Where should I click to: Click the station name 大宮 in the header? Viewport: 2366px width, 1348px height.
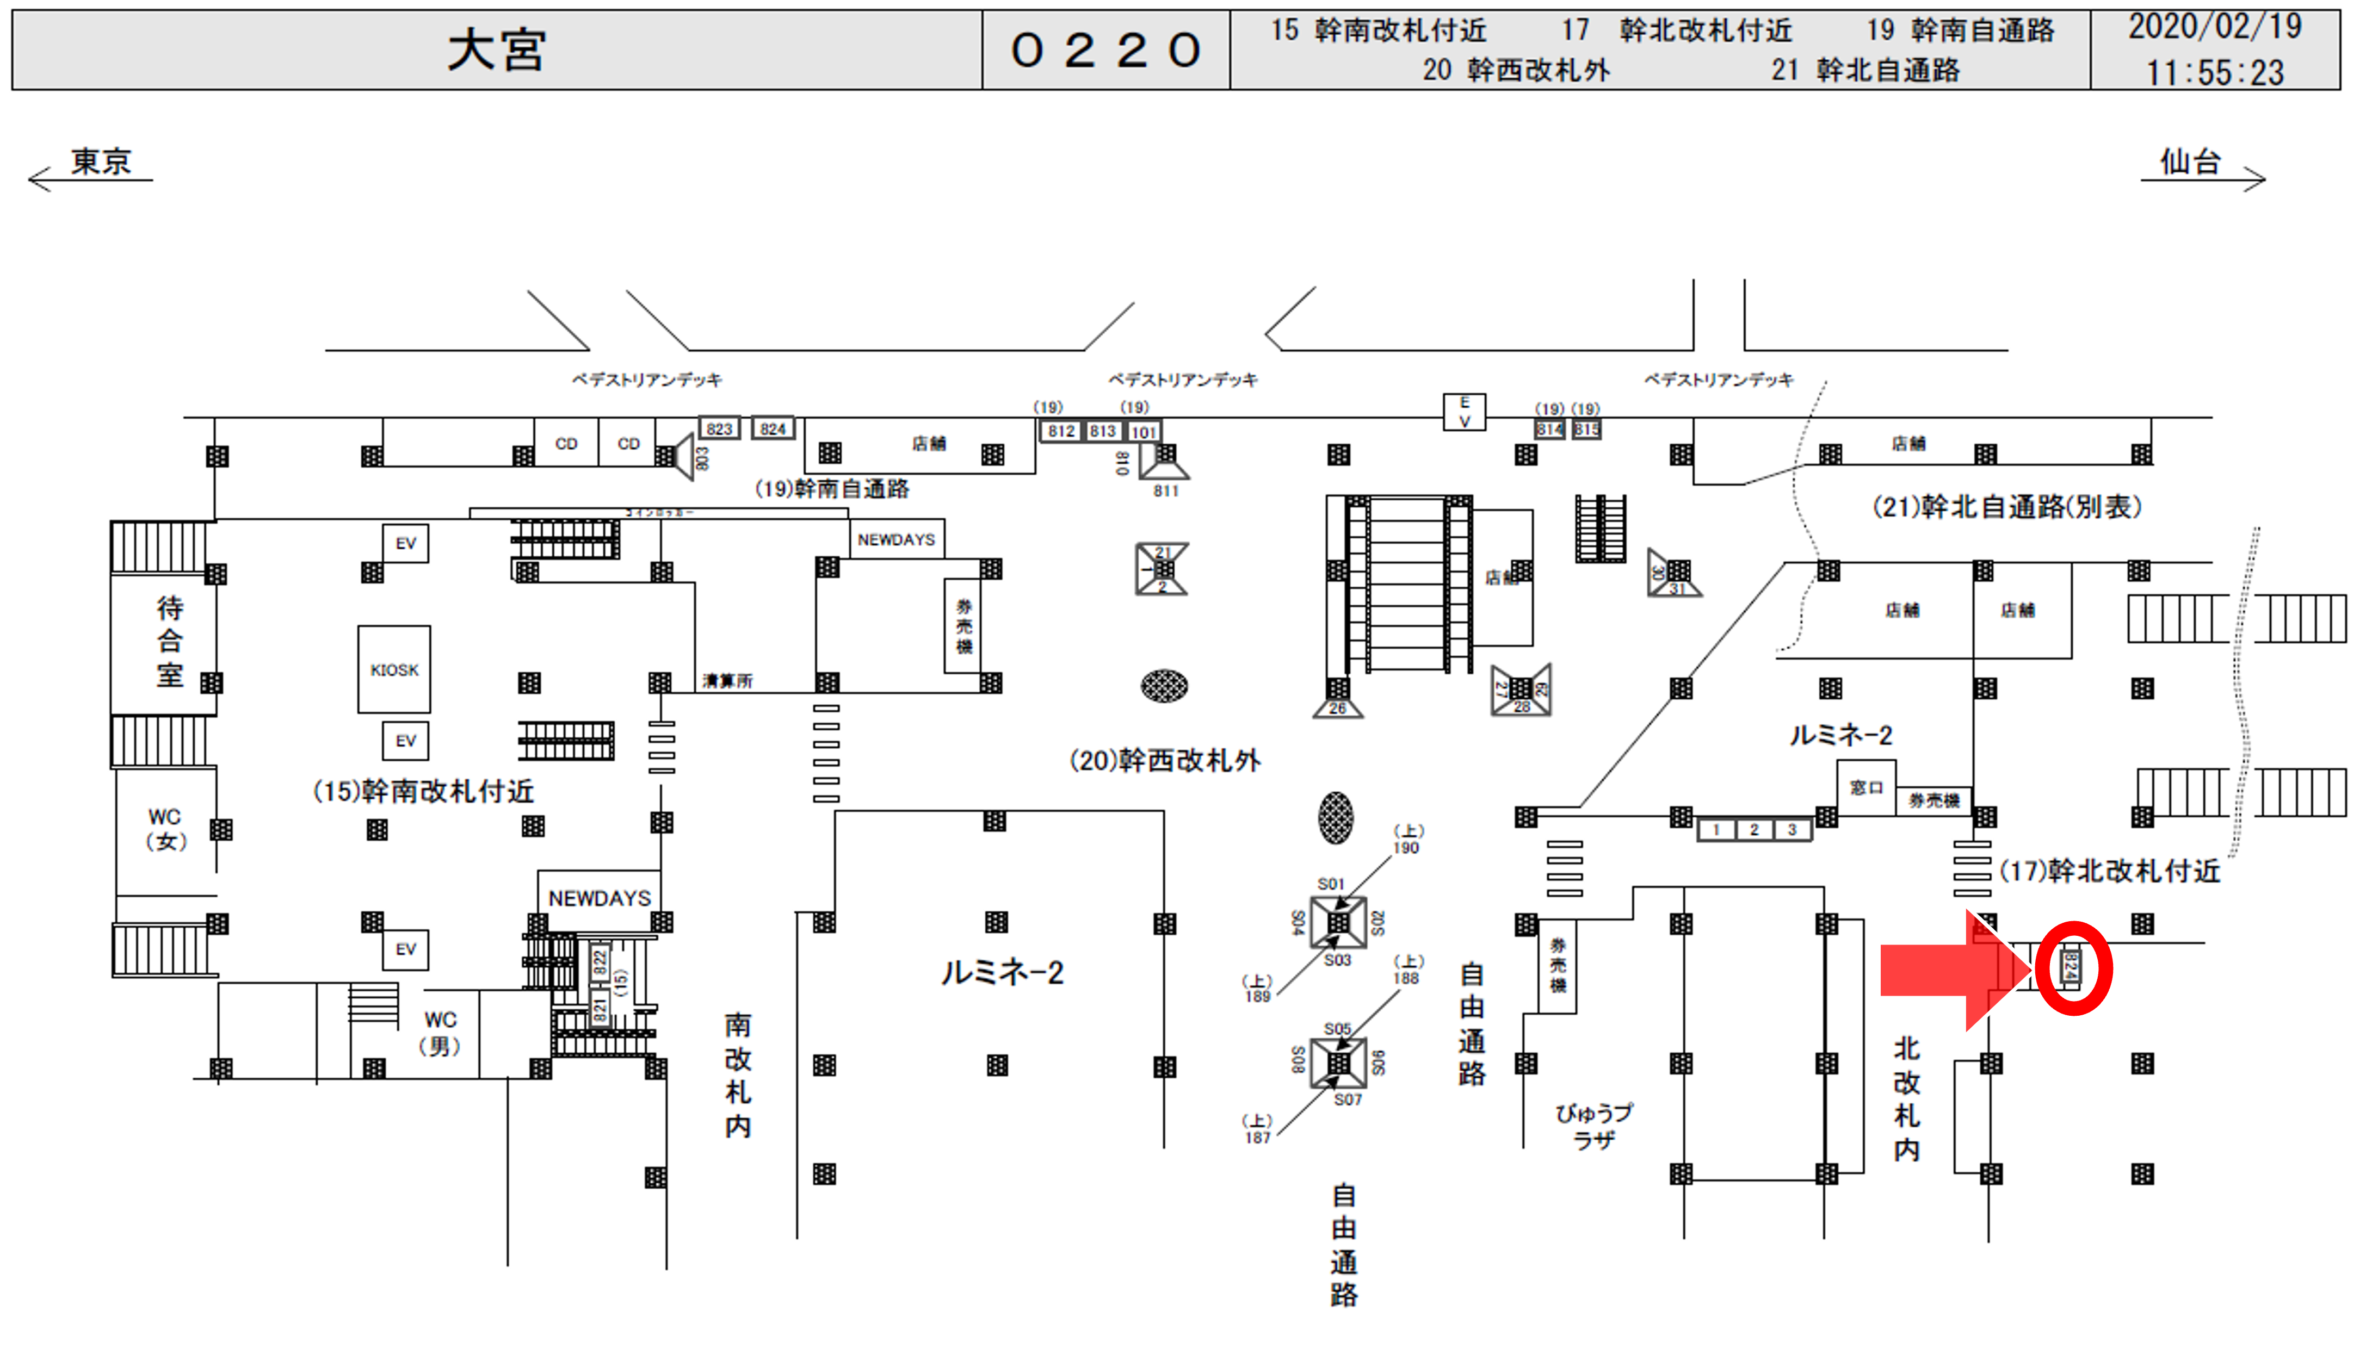click(x=496, y=50)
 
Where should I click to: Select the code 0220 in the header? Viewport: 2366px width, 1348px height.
click(x=1105, y=50)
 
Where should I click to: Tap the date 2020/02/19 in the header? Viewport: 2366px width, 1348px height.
click(x=2214, y=27)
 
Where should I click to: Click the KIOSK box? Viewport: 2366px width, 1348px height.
click(x=394, y=669)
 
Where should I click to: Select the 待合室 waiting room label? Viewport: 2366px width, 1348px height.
click(x=169, y=641)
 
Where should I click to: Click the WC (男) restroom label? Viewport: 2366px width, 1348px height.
click(x=440, y=1032)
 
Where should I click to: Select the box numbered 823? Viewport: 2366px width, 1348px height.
click(x=720, y=428)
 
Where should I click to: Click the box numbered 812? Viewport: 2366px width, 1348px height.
click(x=1061, y=431)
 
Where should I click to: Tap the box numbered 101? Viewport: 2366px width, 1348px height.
click(x=1144, y=432)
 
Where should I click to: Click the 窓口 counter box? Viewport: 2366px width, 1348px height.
click(x=1866, y=788)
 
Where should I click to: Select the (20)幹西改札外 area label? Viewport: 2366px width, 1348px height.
click(x=1165, y=761)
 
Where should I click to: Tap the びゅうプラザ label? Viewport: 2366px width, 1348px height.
click(x=1593, y=1126)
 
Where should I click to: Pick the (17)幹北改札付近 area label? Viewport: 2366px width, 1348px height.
click(x=2110, y=871)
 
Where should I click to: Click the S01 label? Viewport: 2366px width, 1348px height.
click(x=1331, y=884)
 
